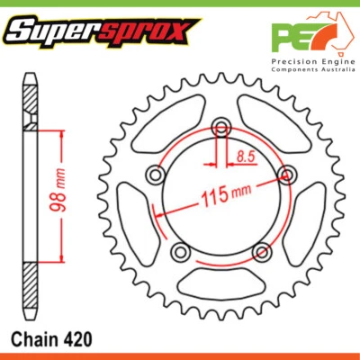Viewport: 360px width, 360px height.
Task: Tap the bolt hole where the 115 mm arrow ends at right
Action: (287, 175)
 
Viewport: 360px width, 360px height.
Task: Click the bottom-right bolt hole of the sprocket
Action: (261, 251)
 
